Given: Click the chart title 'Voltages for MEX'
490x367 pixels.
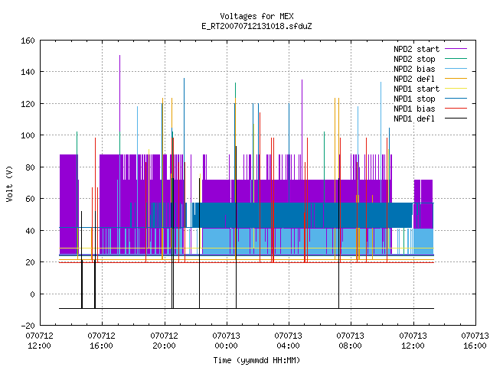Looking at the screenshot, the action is coord(256,16).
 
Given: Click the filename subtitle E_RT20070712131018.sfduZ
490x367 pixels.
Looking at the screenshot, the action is coord(256,26).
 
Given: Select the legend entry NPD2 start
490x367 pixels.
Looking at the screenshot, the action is coord(430,49).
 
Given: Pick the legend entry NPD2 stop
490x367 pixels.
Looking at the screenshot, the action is coord(430,59).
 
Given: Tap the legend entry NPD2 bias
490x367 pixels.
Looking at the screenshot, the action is coord(430,69).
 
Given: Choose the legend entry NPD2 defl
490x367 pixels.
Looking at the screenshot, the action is coord(430,79).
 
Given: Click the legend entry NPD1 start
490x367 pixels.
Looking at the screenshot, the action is coord(430,89).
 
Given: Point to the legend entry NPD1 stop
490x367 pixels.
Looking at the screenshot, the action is coord(430,99).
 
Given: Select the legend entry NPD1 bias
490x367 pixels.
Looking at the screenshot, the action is coord(430,109).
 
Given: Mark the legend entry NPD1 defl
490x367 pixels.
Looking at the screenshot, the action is coord(430,119).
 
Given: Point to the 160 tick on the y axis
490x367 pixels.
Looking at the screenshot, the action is coord(28,41).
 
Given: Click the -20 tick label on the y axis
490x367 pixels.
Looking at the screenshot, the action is coord(28,326).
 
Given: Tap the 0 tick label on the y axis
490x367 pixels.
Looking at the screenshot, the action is coord(32,294).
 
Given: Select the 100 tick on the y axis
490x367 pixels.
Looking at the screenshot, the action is coord(28,135).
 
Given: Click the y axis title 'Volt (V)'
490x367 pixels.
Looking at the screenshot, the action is coord(9,183).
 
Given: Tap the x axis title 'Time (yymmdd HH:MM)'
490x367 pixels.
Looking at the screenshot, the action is coord(256,360).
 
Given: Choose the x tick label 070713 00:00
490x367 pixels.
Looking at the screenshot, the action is coord(227,341).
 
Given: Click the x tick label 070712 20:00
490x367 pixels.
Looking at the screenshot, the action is coord(164,341).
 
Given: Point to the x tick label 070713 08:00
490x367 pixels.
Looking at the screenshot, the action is coord(351,341).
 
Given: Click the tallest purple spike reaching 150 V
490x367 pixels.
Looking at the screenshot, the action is coord(119,93).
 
